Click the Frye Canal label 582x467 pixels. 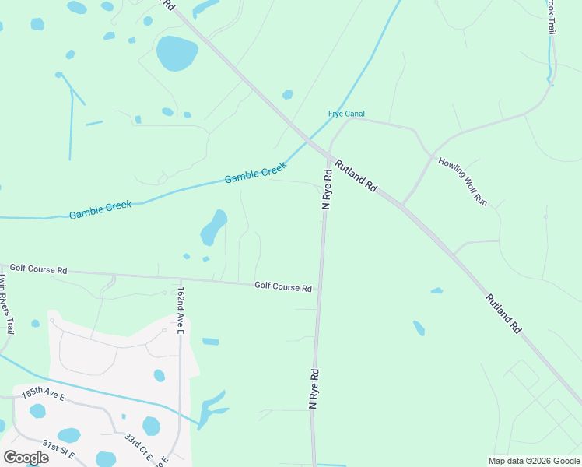click(346, 114)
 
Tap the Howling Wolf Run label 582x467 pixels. click(462, 181)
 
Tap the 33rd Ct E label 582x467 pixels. click(140, 447)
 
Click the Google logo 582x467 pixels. click(26, 458)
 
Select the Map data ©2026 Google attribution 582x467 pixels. click(533, 460)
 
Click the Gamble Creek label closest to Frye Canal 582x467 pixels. click(256, 174)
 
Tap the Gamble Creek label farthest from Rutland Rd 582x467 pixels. click(100, 209)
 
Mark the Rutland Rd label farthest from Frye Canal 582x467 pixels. click(503, 314)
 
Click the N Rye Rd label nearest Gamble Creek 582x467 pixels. click(328, 188)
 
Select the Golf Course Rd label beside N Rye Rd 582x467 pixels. click(283, 287)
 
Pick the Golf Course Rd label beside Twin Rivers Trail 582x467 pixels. click(38, 269)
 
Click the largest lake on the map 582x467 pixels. click(177, 53)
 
